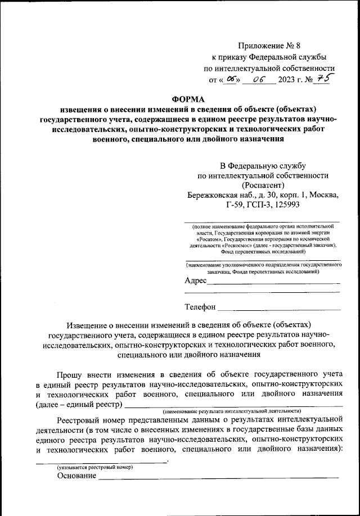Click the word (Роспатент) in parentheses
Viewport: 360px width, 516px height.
tap(263, 185)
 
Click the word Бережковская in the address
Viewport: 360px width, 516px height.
tap(214, 196)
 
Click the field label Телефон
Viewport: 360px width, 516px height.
tap(200, 307)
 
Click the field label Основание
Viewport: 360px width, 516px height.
tap(76, 476)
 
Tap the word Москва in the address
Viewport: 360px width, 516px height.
tap(322, 196)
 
